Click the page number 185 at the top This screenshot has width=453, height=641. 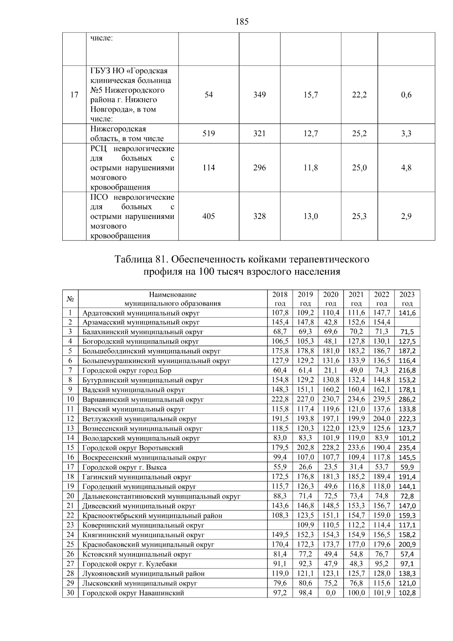point(242,22)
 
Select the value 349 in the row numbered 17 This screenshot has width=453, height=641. point(259,95)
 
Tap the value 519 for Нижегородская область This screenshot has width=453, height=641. point(209,133)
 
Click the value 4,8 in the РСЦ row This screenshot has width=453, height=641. point(406,168)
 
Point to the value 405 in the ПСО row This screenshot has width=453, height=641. point(209,216)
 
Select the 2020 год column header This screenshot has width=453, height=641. point(331,299)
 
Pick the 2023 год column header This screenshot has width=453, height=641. point(407,299)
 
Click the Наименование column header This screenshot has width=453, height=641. point(173,294)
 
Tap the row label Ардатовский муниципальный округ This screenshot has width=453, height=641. point(141,313)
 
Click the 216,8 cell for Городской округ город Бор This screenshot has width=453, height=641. point(407,371)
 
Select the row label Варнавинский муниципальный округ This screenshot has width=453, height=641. point(143,399)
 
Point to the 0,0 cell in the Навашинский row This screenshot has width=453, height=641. point(331,593)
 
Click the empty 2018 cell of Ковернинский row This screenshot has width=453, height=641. point(280,525)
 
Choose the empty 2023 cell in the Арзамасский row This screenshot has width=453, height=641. point(407,322)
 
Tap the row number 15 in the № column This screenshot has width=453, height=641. point(70,448)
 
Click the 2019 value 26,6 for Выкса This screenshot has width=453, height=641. point(305,467)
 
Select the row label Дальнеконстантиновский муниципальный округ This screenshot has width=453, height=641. point(161,496)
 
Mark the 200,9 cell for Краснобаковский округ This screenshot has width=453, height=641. point(407,545)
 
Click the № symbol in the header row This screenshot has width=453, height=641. point(70,299)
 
